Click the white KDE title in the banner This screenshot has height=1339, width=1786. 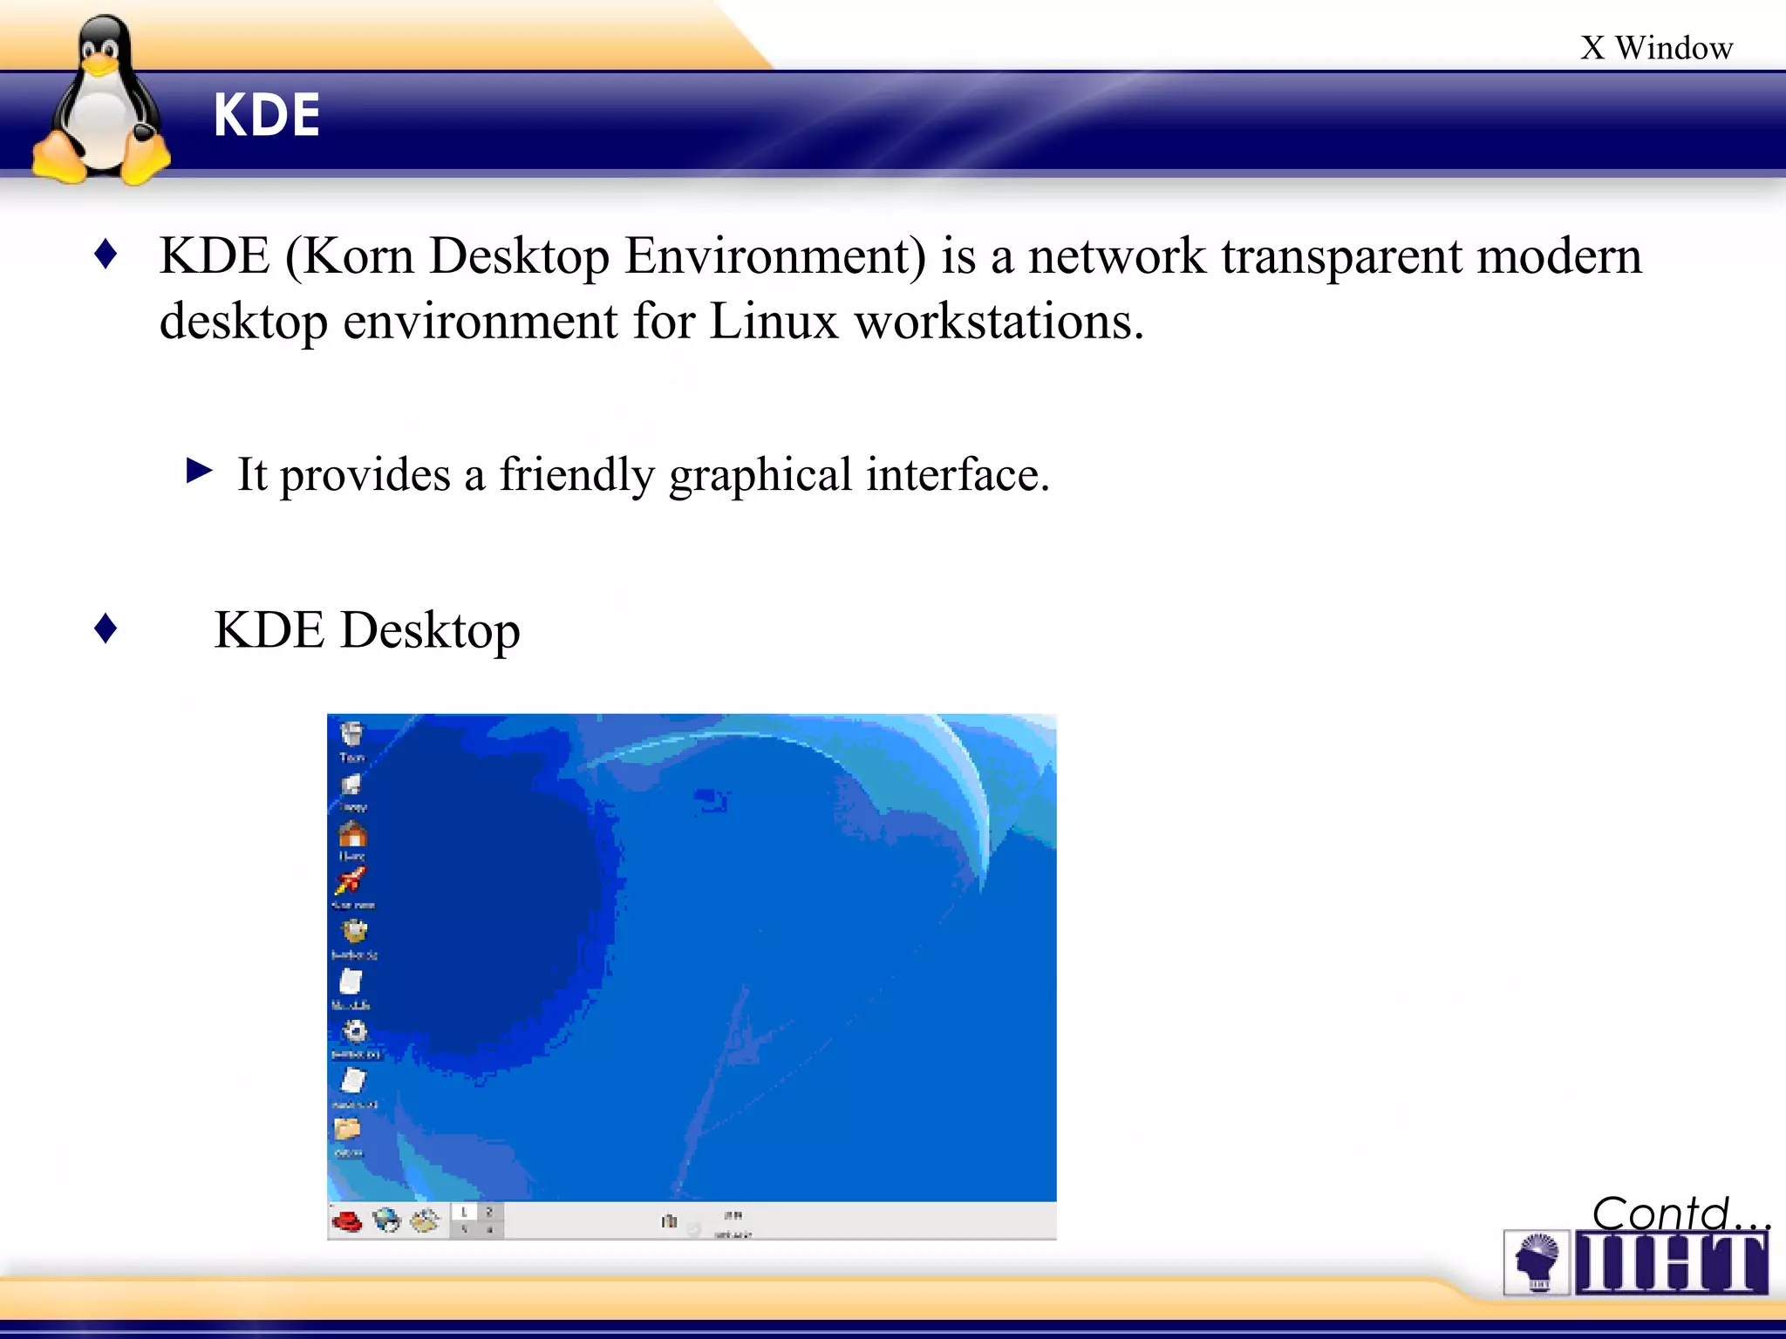tap(267, 116)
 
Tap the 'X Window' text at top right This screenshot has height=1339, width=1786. tap(1655, 48)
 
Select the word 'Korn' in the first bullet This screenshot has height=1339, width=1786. tap(358, 256)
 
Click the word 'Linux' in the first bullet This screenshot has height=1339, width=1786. tap(773, 322)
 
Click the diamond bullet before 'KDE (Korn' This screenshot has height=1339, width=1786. tap(106, 255)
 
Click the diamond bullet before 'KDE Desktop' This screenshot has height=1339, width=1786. tap(106, 628)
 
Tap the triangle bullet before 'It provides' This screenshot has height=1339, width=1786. tap(200, 472)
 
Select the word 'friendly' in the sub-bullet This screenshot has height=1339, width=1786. tap(576, 475)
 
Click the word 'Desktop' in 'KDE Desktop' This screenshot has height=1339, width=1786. tap(430, 630)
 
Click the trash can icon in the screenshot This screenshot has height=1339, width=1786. tap(351, 734)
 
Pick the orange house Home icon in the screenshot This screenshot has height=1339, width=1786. tap(352, 834)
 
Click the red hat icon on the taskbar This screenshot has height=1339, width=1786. tap(347, 1220)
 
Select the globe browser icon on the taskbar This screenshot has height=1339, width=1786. tap(386, 1220)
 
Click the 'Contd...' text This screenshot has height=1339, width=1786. tap(1679, 1213)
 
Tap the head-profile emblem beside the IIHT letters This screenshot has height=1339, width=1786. tap(1537, 1261)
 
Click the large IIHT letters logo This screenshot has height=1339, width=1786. tap(1670, 1262)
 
